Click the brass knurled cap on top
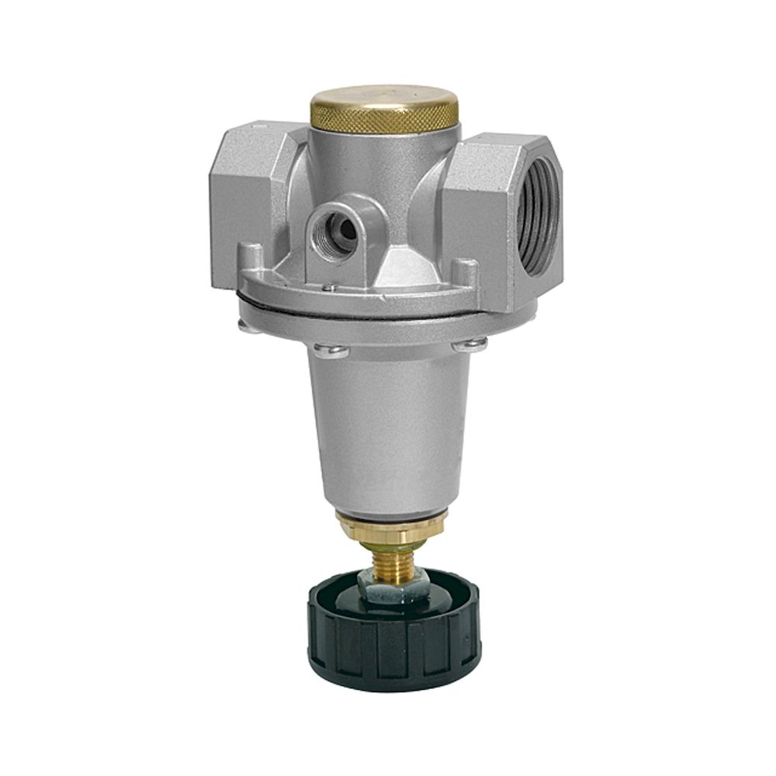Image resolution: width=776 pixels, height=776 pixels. point(384,100)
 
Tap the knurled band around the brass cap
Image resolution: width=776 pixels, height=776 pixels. point(384,120)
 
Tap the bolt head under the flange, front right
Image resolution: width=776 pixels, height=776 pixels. point(469,345)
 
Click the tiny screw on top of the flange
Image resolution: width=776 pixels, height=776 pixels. point(330,288)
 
